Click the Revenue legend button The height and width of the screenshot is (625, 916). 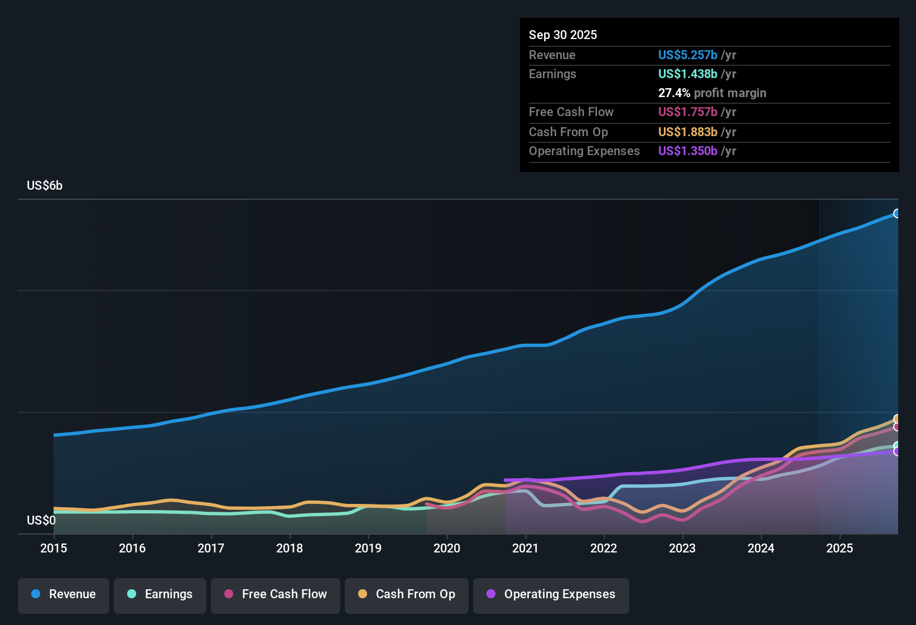(64, 594)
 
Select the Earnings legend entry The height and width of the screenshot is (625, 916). (160, 594)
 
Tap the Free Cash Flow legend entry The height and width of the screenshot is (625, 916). (276, 594)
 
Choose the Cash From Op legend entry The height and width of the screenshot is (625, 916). (407, 594)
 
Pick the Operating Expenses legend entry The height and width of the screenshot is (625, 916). (551, 594)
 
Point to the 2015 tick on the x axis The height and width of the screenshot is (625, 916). (54, 548)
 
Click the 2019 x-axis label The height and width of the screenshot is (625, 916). (368, 548)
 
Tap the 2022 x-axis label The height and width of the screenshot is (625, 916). (604, 548)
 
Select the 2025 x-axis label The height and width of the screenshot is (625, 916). (839, 548)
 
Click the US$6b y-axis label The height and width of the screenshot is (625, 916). (45, 186)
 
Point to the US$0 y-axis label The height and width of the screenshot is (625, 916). (41, 521)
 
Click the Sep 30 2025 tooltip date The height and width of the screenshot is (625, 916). (562, 35)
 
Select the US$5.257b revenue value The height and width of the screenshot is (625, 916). (687, 55)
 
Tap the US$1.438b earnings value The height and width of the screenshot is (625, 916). (687, 74)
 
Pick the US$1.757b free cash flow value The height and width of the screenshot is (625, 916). (687, 112)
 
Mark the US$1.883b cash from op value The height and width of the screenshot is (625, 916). (687, 132)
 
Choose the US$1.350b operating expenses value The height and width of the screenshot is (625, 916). (687, 151)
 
